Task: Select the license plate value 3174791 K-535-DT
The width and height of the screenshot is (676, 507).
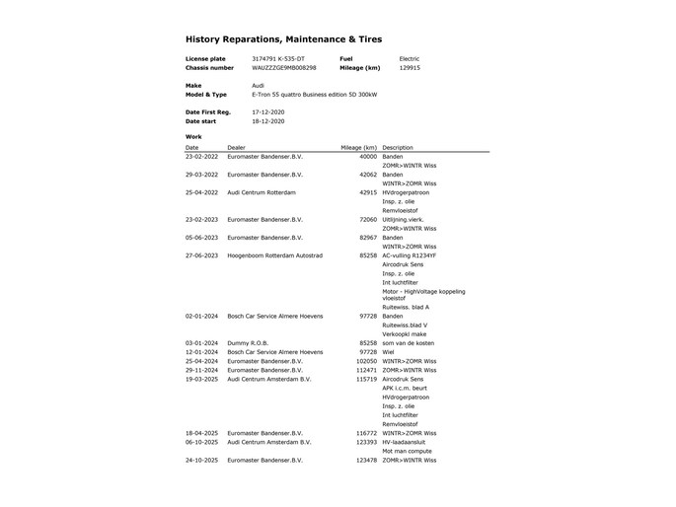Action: (x=278, y=59)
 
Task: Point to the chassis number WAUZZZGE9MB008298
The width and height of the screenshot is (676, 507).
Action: (x=284, y=68)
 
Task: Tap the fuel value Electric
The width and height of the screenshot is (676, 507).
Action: (x=410, y=59)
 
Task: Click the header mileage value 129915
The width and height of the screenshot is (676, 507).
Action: (x=410, y=68)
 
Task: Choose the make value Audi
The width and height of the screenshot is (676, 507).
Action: (x=259, y=86)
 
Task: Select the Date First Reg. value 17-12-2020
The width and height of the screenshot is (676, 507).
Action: (x=268, y=112)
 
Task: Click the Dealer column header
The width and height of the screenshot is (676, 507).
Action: (x=237, y=147)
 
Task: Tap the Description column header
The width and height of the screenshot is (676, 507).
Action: (x=398, y=147)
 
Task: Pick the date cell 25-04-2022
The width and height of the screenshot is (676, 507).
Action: (x=201, y=192)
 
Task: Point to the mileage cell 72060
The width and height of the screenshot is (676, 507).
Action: (x=368, y=219)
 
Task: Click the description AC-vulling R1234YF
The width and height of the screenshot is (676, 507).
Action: (x=409, y=255)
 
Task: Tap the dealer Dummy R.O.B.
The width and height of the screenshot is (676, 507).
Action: (x=248, y=342)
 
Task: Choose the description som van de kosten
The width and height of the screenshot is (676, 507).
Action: (x=409, y=342)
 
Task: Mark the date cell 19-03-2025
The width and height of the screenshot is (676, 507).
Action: (x=201, y=379)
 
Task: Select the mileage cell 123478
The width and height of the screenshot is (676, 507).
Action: (x=366, y=460)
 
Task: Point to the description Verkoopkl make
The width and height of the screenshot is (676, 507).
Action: (x=405, y=333)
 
